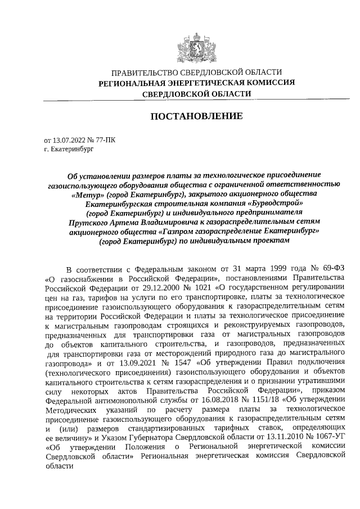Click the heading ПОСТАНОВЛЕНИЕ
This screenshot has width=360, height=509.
pos(196,116)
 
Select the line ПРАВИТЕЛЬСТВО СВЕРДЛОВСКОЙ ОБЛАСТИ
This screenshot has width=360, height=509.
pos(196,73)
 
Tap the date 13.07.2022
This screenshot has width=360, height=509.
pos(67,140)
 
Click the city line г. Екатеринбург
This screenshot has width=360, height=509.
pos(66,150)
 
